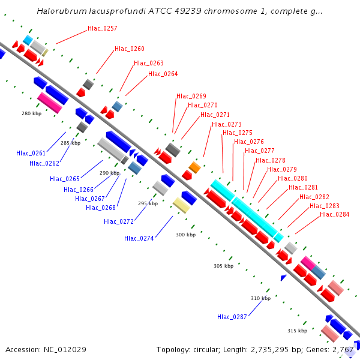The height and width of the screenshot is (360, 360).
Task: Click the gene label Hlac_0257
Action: (x=103, y=28)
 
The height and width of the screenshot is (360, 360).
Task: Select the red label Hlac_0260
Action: (x=130, y=49)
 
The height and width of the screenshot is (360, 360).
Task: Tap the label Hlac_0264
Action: (x=163, y=74)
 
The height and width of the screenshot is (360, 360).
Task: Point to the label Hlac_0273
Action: (x=227, y=124)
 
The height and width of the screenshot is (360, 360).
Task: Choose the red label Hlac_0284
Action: (x=334, y=214)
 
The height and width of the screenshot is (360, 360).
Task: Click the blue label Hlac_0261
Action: (x=31, y=153)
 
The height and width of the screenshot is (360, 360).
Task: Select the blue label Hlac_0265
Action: (x=65, y=179)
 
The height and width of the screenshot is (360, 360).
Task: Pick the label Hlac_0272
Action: (x=119, y=221)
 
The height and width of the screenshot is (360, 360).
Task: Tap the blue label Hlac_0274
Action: (x=139, y=238)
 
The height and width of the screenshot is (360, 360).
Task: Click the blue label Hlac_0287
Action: (x=232, y=316)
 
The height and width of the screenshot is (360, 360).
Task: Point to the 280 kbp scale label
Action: (x=31, y=113)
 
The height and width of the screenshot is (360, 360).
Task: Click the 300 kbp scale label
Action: (x=185, y=235)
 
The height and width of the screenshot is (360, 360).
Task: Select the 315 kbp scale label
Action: (x=297, y=331)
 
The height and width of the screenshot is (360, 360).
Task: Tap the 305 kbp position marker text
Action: (x=223, y=265)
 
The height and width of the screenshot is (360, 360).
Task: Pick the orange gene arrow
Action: (x=194, y=167)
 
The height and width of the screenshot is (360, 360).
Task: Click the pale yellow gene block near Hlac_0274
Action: (x=181, y=206)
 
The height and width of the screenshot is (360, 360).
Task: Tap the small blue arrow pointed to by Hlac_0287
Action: (x=284, y=277)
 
